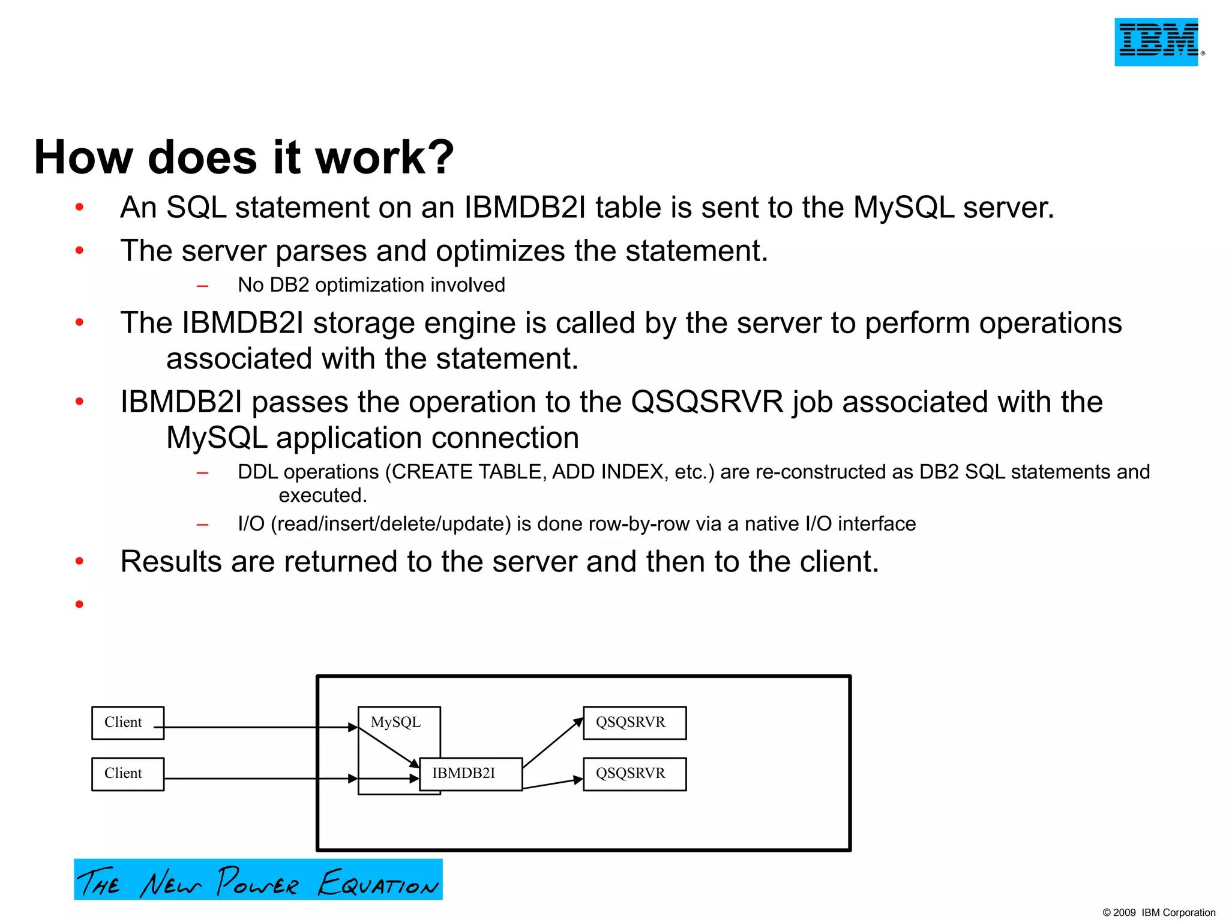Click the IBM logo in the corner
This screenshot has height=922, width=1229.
tap(1156, 41)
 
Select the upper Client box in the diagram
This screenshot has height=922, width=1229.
tap(127, 723)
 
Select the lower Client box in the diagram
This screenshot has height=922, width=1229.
tap(127, 774)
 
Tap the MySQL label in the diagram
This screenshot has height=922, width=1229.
tap(395, 722)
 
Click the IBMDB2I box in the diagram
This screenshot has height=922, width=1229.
tap(470, 774)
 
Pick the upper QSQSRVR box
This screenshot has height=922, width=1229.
tap(634, 723)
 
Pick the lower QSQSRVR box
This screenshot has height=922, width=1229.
tap(634, 774)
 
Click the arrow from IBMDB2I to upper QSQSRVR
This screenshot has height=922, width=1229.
tap(552, 743)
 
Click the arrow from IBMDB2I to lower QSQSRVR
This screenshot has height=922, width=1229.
tap(552, 784)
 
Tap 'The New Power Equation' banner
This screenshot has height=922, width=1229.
tap(258, 880)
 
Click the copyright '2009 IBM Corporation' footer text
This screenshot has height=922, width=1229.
tap(1159, 912)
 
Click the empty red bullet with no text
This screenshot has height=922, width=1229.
tap(79, 604)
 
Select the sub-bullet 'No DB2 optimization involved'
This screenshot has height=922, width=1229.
tap(371, 285)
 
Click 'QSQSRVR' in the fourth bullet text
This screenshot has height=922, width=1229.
tap(707, 402)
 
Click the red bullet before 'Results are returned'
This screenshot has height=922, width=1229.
tap(79, 561)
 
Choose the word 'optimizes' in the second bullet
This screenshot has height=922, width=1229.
tap(500, 251)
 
